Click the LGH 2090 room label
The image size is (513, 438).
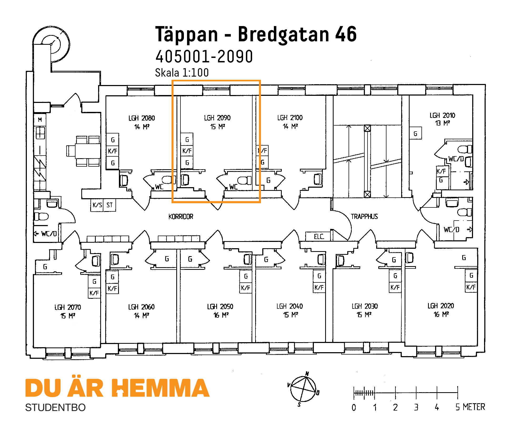click(217, 118)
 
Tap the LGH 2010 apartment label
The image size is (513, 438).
click(442, 116)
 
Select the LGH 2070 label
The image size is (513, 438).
click(68, 307)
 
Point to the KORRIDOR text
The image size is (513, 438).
click(181, 217)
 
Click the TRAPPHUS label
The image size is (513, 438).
click(364, 217)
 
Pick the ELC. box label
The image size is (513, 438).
click(319, 236)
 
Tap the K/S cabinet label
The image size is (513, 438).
click(97, 205)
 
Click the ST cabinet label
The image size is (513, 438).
click(109, 205)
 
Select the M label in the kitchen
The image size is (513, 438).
click(40, 120)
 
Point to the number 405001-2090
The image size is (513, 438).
click(204, 57)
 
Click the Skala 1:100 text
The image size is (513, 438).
click(182, 73)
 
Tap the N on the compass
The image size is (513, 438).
click(307, 374)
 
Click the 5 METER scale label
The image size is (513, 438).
click(470, 407)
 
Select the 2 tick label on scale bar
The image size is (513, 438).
click(395, 407)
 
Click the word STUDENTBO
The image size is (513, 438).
click(55, 407)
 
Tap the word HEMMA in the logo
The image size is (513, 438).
click(160, 388)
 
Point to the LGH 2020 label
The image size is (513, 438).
click(441, 306)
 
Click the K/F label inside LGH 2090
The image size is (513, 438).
click(187, 151)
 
